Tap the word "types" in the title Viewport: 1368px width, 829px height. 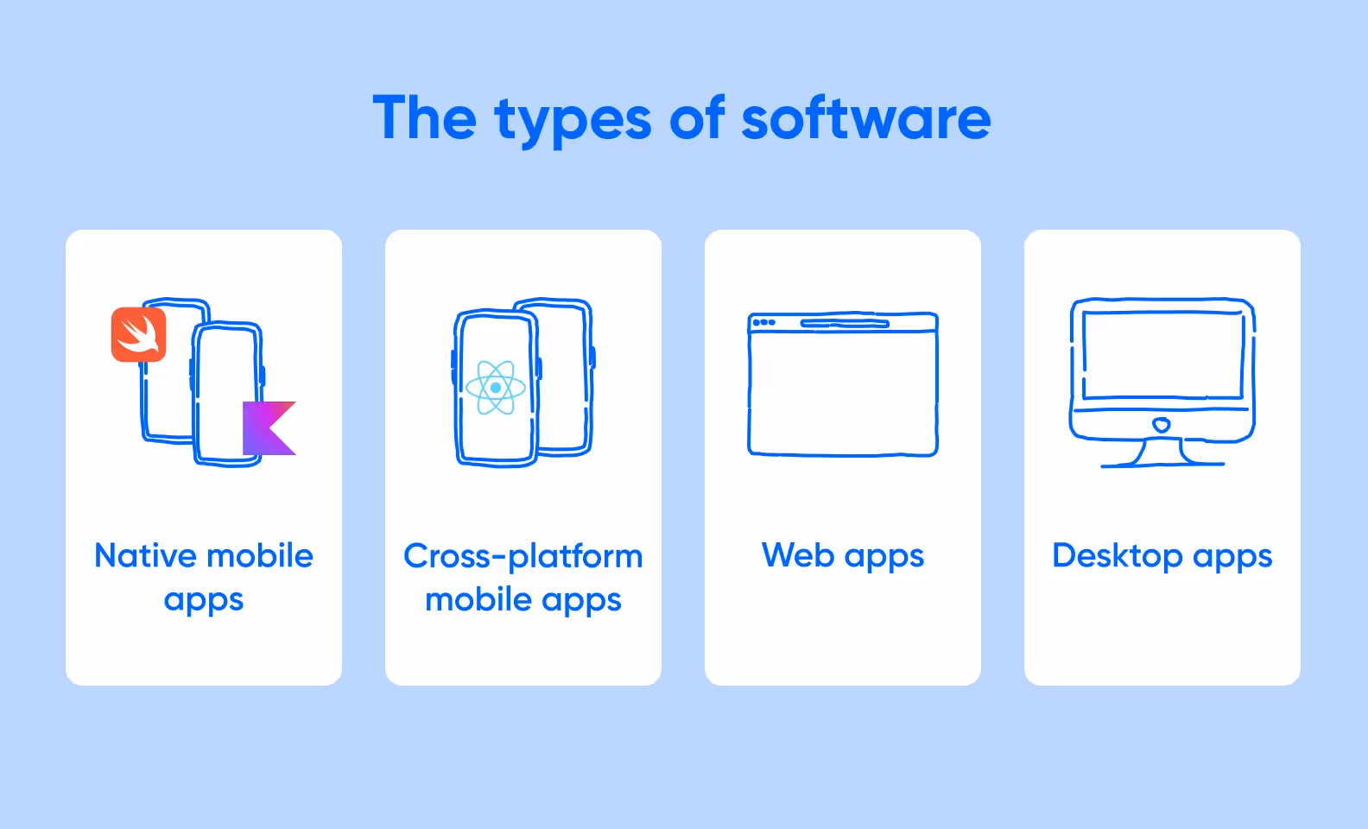[x=573, y=121]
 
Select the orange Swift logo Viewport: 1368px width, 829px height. [x=138, y=334]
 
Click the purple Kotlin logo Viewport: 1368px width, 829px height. [x=269, y=427]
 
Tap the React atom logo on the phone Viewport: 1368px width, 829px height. [x=495, y=388]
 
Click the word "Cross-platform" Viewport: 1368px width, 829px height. [x=522, y=556]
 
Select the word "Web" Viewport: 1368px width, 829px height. [x=797, y=555]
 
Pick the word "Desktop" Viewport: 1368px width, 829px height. [x=1117, y=556]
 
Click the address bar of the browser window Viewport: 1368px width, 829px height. [x=844, y=324]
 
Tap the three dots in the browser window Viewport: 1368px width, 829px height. [x=763, y=323]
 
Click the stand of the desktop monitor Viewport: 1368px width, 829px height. [x=1162, y=453]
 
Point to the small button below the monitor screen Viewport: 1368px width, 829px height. [x=1162, y=424]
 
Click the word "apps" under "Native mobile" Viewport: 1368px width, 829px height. [x=204, y=601]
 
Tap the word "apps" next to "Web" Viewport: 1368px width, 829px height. [x=884, y=557]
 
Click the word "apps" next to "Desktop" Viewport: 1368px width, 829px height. [x=1232, y=557]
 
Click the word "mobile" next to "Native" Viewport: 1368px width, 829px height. [x=259, y=555]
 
